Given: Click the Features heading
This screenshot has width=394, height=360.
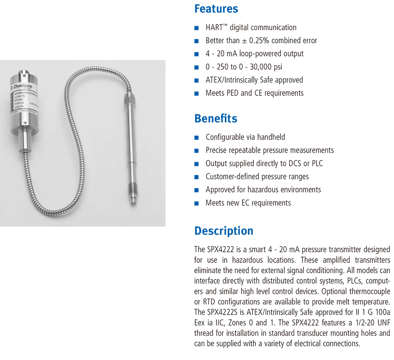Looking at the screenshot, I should [216, 9].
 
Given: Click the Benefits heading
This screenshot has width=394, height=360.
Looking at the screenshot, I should [216, 118].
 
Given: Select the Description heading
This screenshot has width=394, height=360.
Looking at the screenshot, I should [224, 231].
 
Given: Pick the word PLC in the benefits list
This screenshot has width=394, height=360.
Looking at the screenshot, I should [317, 163].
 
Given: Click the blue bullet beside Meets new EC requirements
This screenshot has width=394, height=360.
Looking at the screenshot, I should [196, 203].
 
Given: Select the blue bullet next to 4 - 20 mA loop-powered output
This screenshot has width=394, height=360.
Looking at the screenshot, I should [196, 54].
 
